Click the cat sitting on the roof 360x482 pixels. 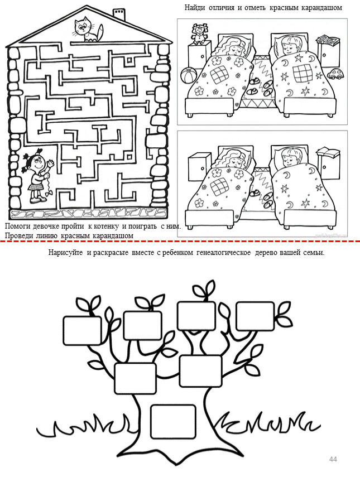[88, 30]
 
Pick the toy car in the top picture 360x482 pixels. [334, 74]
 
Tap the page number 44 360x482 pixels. [333, 459]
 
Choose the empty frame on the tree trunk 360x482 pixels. [174, 421]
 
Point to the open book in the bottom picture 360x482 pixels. [329, 152]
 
